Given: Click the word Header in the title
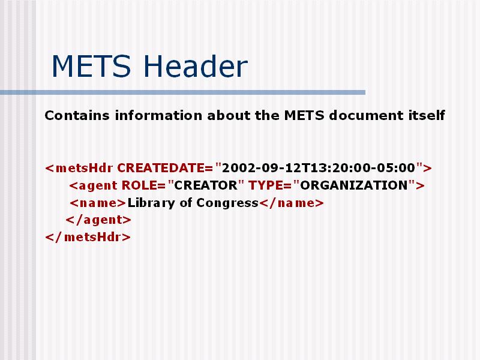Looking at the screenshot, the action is click(196, 66).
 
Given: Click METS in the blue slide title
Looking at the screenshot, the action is click(92, 66).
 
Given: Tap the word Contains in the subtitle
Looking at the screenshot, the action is click(77, 115).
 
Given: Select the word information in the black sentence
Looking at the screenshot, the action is click(158, 115).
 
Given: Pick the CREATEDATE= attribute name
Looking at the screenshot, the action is click(165, 168).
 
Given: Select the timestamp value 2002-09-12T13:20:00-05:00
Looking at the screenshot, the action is click(319, 168).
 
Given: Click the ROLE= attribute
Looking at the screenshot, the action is click(143, 185).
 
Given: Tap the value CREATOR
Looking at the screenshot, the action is click(206, 185).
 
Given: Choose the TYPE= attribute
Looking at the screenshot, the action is click(269, 185).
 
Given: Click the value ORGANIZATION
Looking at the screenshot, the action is click(354, 185).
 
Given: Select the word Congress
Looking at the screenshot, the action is click(227, 203).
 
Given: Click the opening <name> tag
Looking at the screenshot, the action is click(98, 203).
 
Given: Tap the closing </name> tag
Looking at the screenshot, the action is click(292, 203).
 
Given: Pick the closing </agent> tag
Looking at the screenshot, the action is click(98, 220).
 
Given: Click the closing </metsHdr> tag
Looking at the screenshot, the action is click(88, 237).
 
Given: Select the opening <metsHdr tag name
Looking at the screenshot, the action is click(79, 168).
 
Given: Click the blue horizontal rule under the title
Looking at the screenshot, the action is click(183, 92).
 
